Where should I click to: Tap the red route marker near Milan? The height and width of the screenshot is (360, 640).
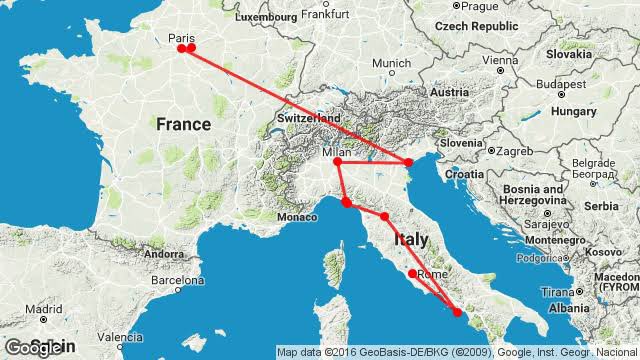pyautogui.click(x=337, y=162)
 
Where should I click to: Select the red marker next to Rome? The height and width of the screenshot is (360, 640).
pyautogui.click(x=412, y=273)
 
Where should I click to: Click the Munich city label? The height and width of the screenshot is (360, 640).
pyautogui.click(x=391, y=64)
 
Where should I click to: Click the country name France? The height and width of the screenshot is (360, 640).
pyautogui.click(x=183, y=124)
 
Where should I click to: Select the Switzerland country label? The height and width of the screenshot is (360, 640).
pyautogui.click(x=311, y=118)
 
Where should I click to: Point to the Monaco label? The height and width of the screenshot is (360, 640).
pyautogui.click(x=296, y=217)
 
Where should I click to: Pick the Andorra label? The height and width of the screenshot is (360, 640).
pyautogui.click(x=163, y=254)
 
